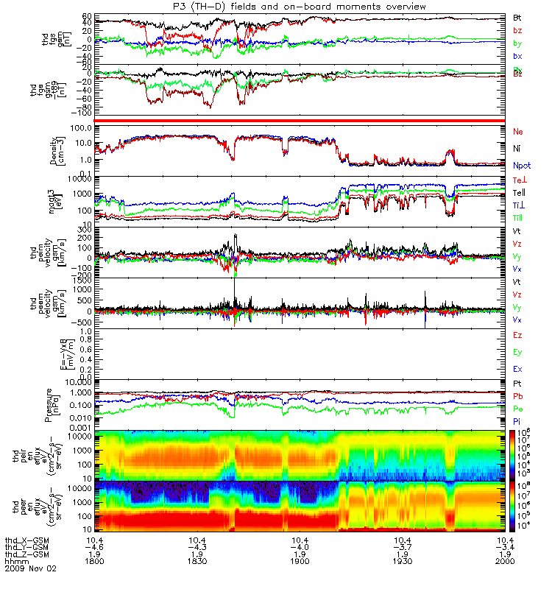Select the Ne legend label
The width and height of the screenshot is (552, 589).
pyautogui.click(x=518, y=132)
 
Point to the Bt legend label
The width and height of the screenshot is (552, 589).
pyautogui.click(x=517, y=17)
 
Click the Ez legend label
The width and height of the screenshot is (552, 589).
pyautogui.click(x=517, y=336)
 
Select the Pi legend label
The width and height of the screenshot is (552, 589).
pyautogui.click(x=517, y=422)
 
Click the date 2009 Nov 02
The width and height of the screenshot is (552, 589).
pyautogui.click(x=30, y=568)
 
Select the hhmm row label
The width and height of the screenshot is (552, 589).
pyautogui.click(x=15, y=560)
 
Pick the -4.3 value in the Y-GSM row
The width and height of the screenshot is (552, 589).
pyautogui.click(x=201, y=546)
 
